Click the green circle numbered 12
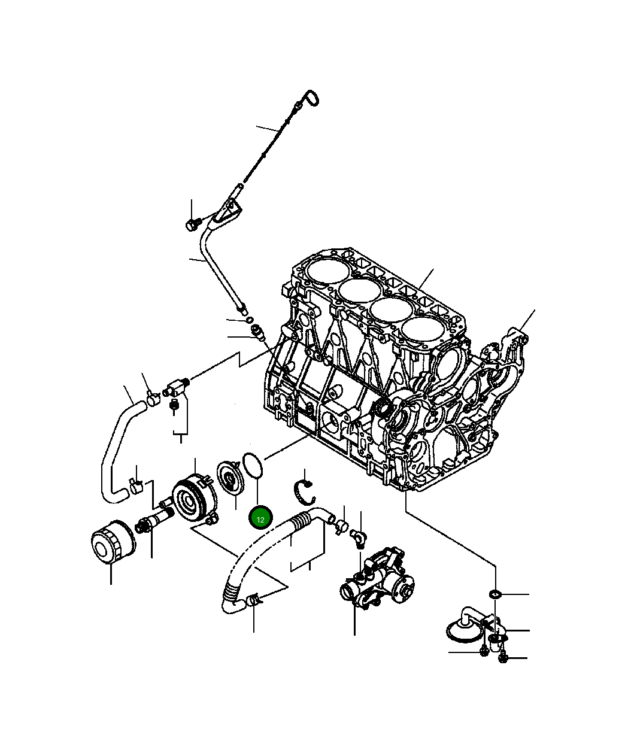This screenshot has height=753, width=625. click(x=260, y=519)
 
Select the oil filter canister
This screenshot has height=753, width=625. click(x=112, y=541)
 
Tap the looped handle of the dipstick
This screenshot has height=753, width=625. click(x=311, y=99)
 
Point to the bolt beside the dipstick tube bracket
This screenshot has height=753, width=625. click(x=192, y=224)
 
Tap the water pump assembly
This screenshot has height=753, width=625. click(x=375, y=578)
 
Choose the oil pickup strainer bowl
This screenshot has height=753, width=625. click(x=463, y=631)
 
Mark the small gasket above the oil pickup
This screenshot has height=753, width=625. click(x=495, y=594)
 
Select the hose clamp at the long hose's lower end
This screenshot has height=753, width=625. click(x=254, y=599)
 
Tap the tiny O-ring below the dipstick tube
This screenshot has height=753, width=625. click(x=250, y=320)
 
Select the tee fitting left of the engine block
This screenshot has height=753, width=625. click(x=175, y=387)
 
